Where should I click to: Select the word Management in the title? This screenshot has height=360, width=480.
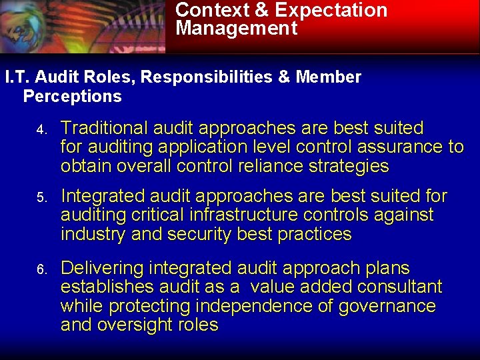tap(237, 29)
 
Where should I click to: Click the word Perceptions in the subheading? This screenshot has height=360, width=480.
tap(72, 97)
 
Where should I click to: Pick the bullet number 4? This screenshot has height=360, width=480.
tap(41, 129)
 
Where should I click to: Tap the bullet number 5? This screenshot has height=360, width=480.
tap(41, 198)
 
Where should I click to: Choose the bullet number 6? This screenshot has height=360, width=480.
tap(41, 270)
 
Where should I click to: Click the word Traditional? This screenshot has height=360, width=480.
tap(105, 128)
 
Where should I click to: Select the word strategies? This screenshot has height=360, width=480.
tap(350, 166)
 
